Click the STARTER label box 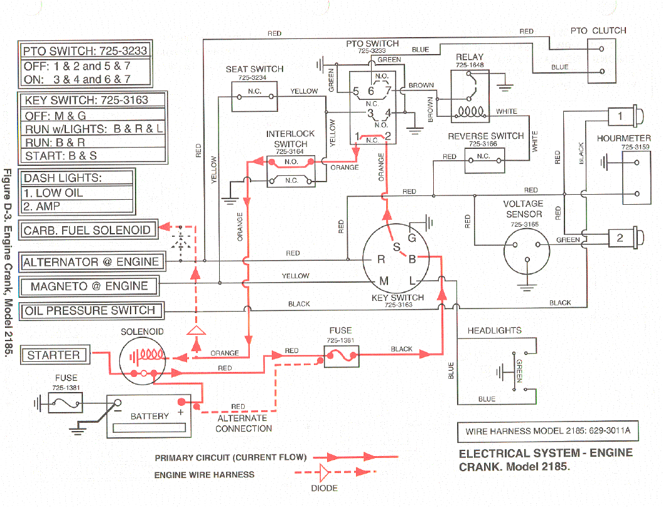coord(53,355)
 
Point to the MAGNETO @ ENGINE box coord(89,286)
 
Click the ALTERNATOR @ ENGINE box coord(90,262)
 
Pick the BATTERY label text coord(149,416)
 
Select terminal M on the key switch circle coord(382,280)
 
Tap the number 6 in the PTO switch coord(371,92)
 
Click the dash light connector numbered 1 coord(620,116)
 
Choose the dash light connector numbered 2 coord(620,238)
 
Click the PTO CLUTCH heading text coord(598,30)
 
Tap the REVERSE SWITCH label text coord(485,136)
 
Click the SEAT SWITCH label coord(254,69)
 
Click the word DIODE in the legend coord(324,488)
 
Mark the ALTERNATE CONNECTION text coord(244,423)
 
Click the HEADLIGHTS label coord(494,330)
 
